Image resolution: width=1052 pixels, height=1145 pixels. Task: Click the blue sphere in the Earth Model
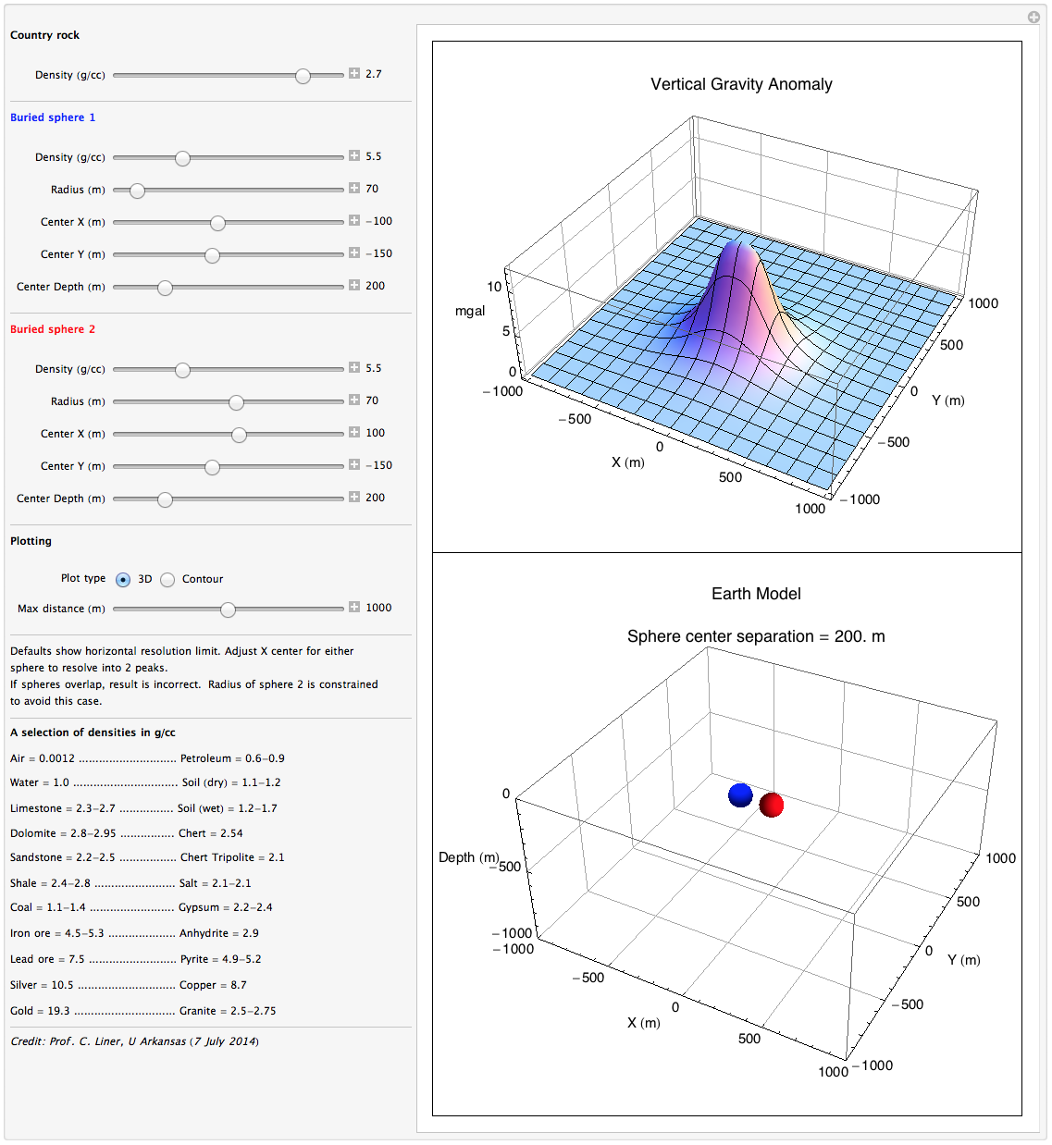(x=740, y=794)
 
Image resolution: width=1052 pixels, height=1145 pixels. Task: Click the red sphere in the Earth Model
(x=772, y=805)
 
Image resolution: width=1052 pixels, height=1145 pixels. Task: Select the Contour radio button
(x=167, y=580)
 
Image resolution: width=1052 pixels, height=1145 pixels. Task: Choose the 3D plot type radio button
(x=123, y=580)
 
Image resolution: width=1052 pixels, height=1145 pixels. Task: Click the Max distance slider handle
(x=228, y=609)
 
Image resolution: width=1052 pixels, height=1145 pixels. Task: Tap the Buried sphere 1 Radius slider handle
(x=137, y=191)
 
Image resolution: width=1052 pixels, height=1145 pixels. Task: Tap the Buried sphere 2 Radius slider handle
(x=236, y=402)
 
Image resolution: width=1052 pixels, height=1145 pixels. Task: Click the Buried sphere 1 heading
(x=53, y=117)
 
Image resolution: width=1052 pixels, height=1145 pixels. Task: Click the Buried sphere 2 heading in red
(x=53, y=329)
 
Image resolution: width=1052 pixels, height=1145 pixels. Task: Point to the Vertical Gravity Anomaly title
(x=741, y=84)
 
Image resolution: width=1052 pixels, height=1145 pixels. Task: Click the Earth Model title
(x=756, y=594)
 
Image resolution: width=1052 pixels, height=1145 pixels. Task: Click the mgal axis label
(x=470, y=311)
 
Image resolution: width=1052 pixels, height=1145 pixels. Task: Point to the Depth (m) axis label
(x=468, y=857)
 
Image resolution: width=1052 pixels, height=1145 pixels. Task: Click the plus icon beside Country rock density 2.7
(x=354, y=73)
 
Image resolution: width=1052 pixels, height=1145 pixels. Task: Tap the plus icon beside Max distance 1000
(x=354, y=608)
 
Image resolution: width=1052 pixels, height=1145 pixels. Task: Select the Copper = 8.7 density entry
(x=213, y=985)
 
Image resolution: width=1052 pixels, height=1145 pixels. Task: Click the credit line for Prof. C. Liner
(x=134, y=1041)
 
